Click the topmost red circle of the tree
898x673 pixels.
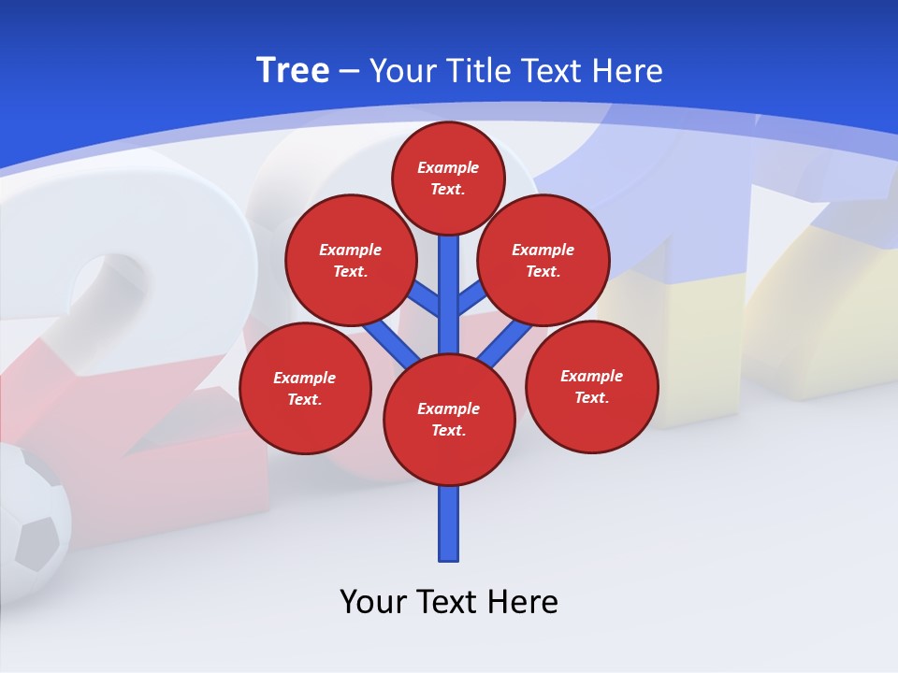448,178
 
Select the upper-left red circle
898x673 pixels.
350,260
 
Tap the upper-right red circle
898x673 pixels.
543,260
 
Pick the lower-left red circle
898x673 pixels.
305,388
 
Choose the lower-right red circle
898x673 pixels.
591,386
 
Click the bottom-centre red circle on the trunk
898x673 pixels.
449,419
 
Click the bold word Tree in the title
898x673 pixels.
293,70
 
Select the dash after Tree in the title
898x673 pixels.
348,71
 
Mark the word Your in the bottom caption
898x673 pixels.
374,601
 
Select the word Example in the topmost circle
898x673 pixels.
448,167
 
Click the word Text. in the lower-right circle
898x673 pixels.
591,397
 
